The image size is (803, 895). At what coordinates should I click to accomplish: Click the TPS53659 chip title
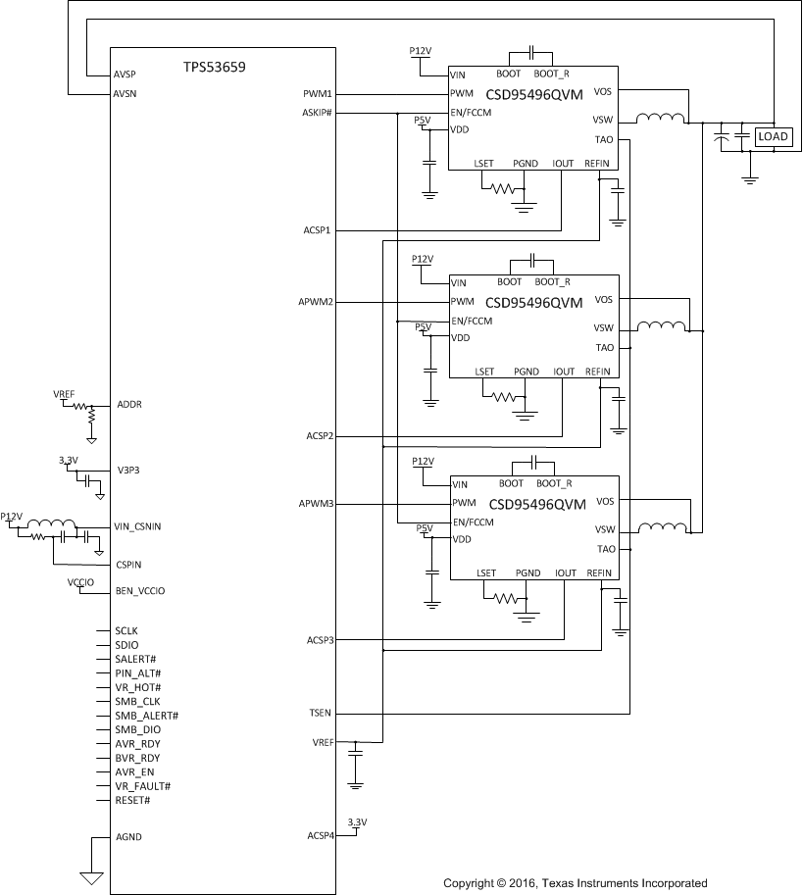pyautogui.click(x=214, y=68)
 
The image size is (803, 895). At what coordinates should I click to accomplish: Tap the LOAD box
pyautogui.click(x=772, y=137)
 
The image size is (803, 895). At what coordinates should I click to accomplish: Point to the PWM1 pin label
pyautogui.click(x=319, y=94)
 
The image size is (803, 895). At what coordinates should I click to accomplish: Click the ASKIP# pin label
pyautogui.click(x=318, y=113)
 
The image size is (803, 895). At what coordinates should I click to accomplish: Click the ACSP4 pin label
pyautogui.click(x=320, y=836)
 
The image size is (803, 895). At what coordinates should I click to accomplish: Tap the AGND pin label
pyautogui.click(x=129, y=837)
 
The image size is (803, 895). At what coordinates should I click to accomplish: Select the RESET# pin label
pyautogui.click(x=132, y=800)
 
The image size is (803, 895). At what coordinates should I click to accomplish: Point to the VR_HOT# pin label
pyautogui.click(x=136, y=687)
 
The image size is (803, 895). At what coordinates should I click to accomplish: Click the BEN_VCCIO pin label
pyautogui.click(x=140, y=591)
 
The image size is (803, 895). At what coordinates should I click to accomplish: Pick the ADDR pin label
pyautogui.click(x=130, y=404)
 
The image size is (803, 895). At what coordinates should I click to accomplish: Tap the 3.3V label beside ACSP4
pyautogui.click(x=357, y=821)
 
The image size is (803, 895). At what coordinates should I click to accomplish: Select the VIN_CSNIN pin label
pyautogui.click(x=137, y=526)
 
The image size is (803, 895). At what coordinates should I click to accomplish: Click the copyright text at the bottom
pyautogui.click(x=575, y=883)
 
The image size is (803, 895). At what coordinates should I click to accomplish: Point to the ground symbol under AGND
pyautogui.click(x=91, y=877)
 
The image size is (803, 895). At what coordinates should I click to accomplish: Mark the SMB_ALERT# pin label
pyautogui.click(x=146, y=716)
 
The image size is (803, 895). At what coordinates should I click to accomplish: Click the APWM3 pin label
pyautogui.click(x=317, y=503)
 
